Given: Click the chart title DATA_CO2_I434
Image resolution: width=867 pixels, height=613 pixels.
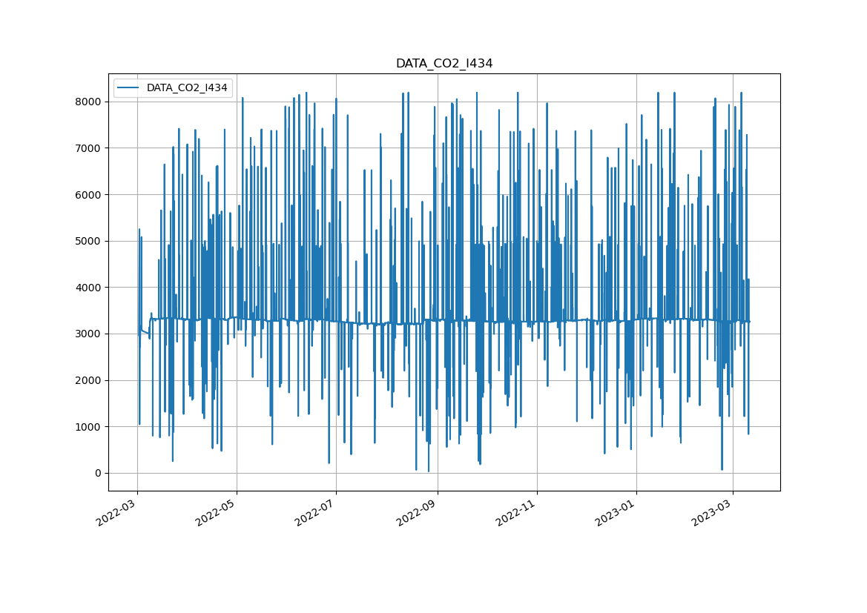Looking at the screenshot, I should [444, 64].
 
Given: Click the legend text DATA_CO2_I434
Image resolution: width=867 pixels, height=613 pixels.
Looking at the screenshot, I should [187, 87].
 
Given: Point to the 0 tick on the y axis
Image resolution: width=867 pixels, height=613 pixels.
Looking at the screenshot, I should [97, 473].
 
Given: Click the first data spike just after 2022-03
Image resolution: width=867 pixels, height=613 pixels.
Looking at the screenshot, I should [139, 231].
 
